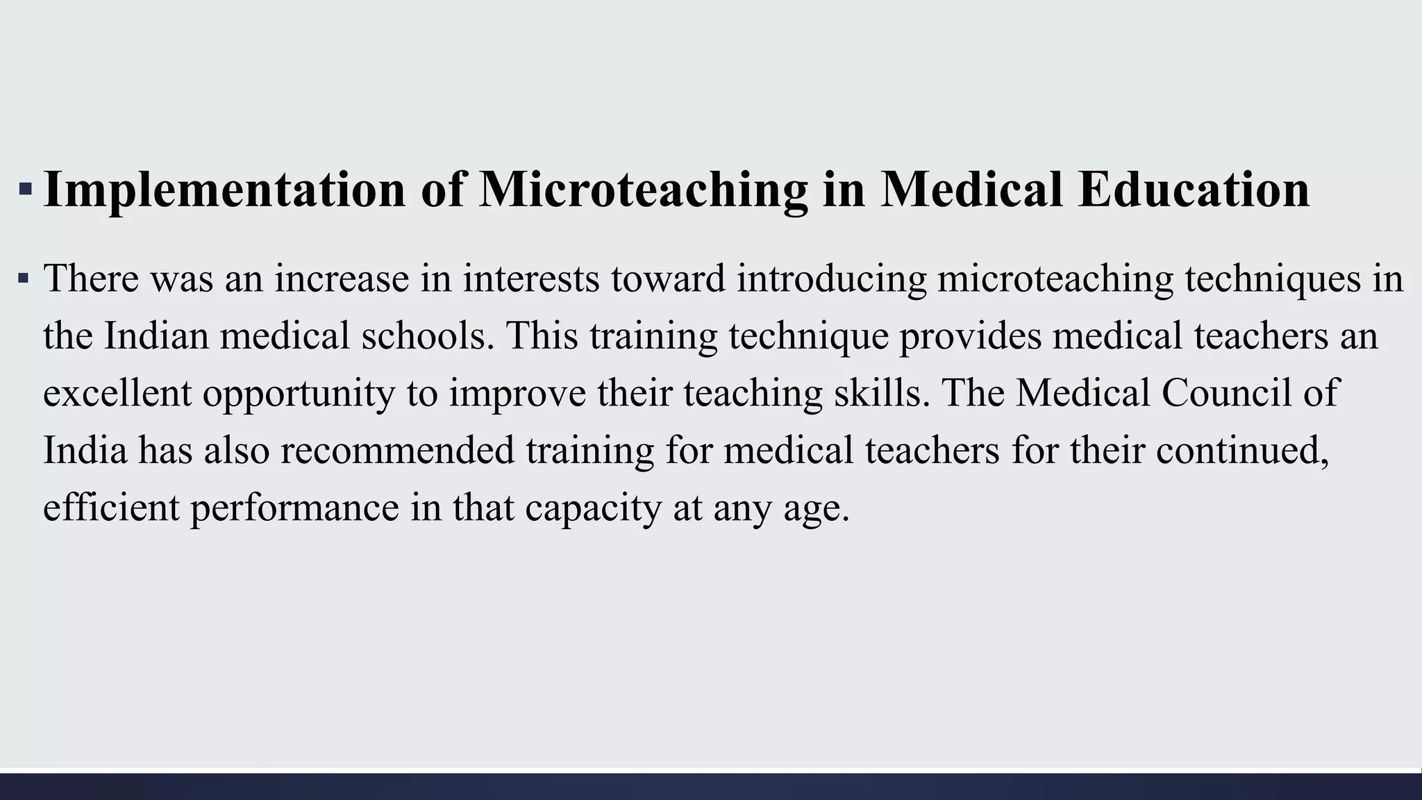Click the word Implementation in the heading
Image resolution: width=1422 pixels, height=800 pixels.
click(x=224, y=189)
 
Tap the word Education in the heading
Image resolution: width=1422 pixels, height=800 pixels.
click(x=1194, y=189)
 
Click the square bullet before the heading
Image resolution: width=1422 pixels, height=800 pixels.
click(x=25, y=188)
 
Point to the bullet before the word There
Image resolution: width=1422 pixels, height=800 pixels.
click(x=24, y=279)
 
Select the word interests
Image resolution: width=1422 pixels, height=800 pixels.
click(x=531, y=278)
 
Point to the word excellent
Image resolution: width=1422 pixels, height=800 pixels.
click(x=117, y=392)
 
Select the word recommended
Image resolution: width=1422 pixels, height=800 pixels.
click(x=397, y=450)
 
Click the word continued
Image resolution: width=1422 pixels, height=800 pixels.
click(x=1242, y=450)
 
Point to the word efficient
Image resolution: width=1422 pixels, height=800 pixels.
click(x=111, y=507)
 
